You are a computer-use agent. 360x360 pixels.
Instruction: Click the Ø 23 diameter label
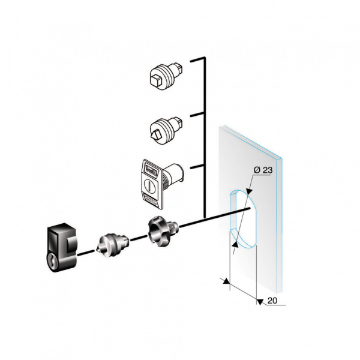tap(264, 170)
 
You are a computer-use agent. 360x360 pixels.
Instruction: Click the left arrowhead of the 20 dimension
tap(225, 280)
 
